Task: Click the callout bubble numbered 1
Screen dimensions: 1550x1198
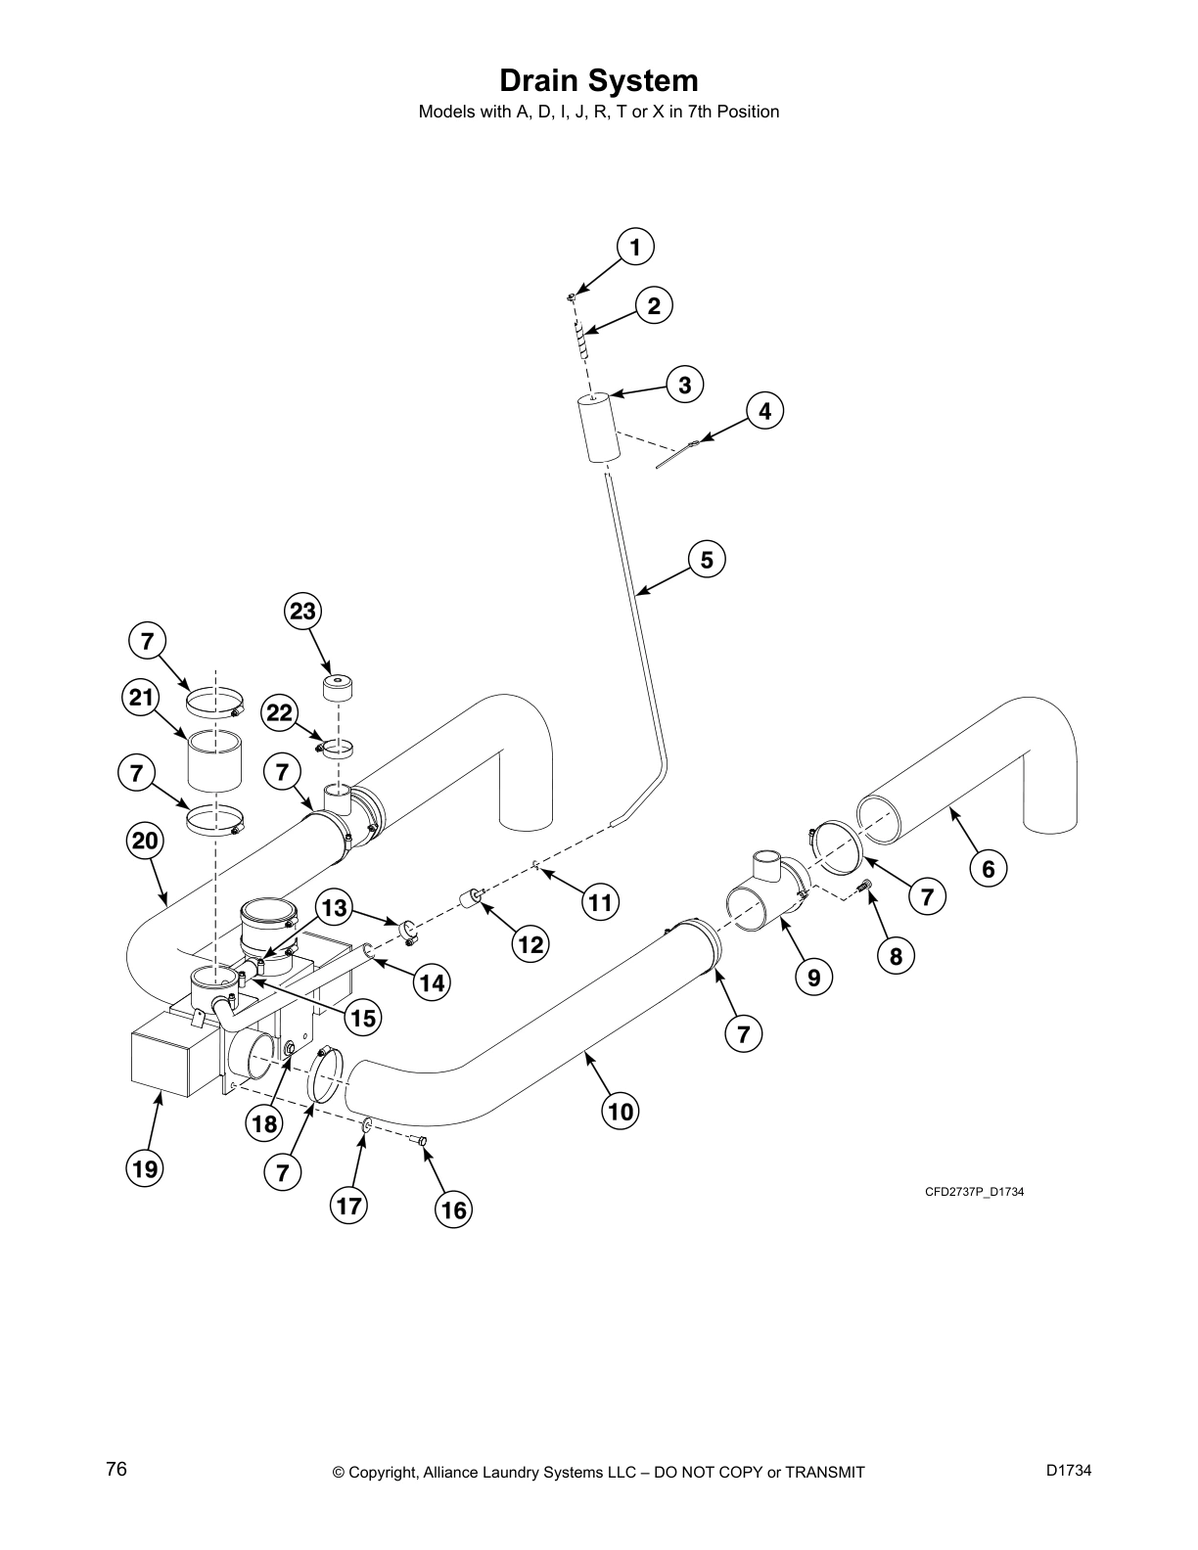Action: click(x=635, y=248)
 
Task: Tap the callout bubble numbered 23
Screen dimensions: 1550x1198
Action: click(x=303, y=612)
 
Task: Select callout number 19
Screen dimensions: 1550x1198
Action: click(x=146, y=1168)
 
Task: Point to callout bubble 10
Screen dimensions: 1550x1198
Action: click(x=622, y=1111)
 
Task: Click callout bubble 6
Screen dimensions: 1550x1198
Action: click(x=988, y=867)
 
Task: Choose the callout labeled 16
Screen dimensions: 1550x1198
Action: click(x=453, y=1210)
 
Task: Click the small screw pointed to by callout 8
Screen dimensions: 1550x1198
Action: click(x=863, y=886)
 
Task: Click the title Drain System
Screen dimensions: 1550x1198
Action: click(x=598, y=80)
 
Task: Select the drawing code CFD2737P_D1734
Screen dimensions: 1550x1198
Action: click(x=974, y=1191)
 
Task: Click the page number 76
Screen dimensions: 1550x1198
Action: click(x=116, y=1470)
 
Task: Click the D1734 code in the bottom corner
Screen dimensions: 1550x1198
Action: click(x=1068, y=1470)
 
